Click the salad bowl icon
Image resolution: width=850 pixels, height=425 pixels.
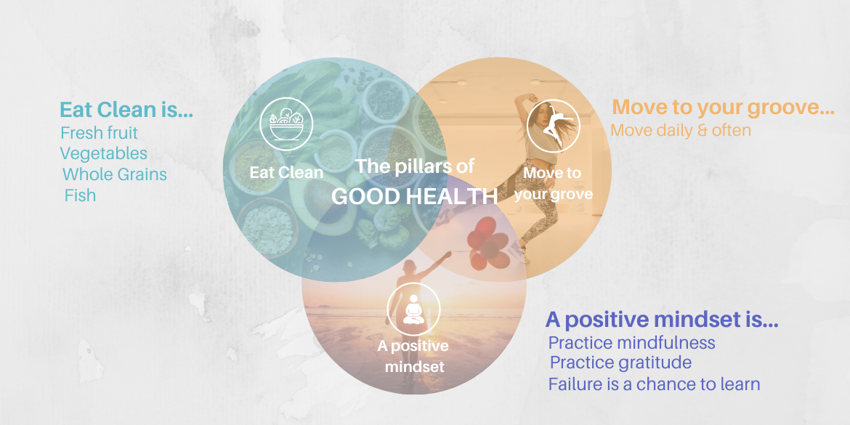point(286,124)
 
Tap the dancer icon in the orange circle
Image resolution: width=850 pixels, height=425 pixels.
point(554,126)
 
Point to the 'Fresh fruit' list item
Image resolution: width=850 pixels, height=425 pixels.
point(99,133)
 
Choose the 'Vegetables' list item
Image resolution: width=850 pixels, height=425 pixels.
point(103,153)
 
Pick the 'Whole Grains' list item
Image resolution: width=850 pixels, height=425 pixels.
point(114,174)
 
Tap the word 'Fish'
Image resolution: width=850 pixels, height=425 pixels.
point(80,195)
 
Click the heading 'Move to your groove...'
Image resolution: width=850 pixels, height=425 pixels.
point(723,108)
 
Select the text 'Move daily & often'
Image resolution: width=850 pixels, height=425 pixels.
point(681,130)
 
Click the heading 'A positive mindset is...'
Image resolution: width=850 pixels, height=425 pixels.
point(662,320)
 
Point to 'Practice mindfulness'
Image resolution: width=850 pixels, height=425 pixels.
point(631,342)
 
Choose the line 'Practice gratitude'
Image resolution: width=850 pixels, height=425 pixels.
point(620,362)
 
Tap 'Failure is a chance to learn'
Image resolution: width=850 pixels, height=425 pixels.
point(654,384)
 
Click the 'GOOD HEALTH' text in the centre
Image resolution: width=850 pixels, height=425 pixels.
point(414,196)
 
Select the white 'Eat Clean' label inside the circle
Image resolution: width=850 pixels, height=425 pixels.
point(286,172)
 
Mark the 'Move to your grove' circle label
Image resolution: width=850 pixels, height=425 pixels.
point(553,183)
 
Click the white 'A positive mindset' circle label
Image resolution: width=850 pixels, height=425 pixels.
point(413,356)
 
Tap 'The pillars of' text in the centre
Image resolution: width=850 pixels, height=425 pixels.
point(415,166)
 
